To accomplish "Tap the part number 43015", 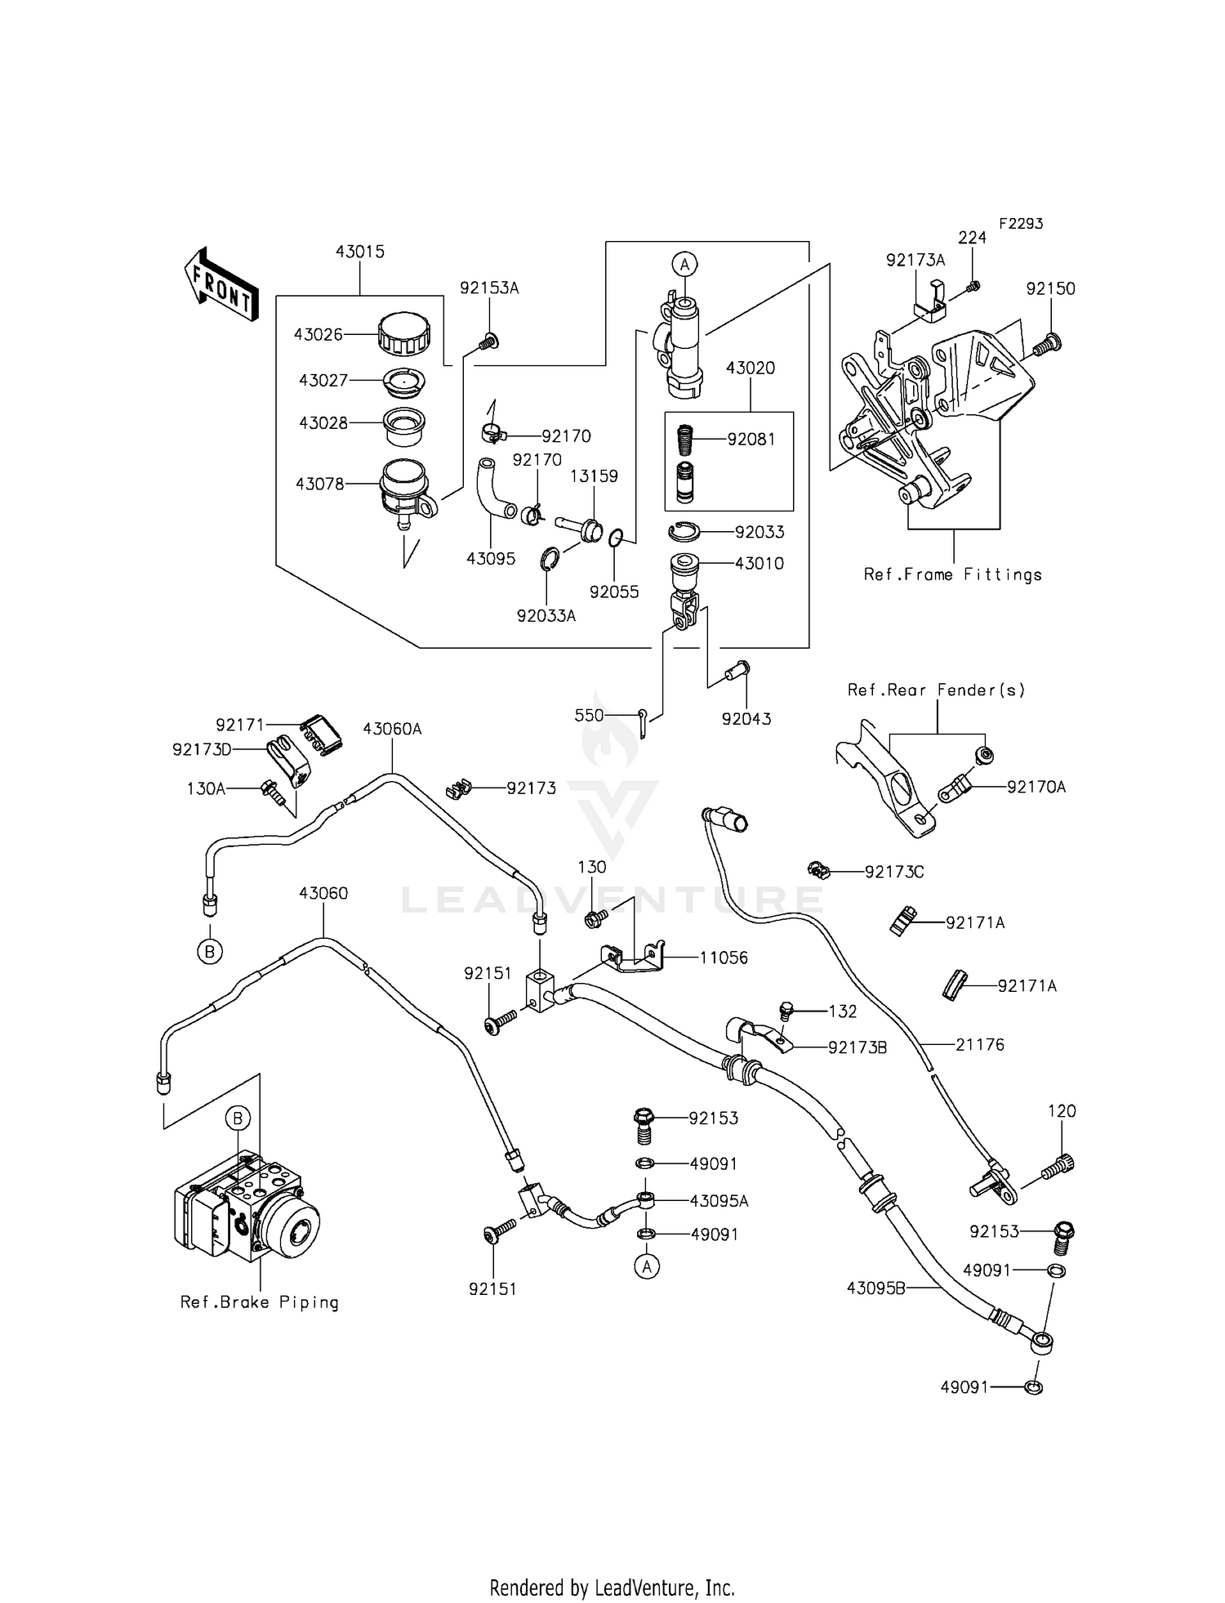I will click(359, 252).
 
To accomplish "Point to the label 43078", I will click(320, 484).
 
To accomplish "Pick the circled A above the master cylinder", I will click(685, 264).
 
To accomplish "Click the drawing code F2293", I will click(1020, 223).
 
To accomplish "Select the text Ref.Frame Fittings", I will click(953, 574).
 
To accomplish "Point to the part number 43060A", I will click(392, 729).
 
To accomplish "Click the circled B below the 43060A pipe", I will click(209, 951).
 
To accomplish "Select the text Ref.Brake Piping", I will click(259, 1302).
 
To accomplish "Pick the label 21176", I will click(979, 1044).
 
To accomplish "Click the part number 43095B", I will click(875, 1288).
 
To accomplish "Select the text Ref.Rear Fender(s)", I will click(936, 690).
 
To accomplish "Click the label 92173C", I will click(894, 872).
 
